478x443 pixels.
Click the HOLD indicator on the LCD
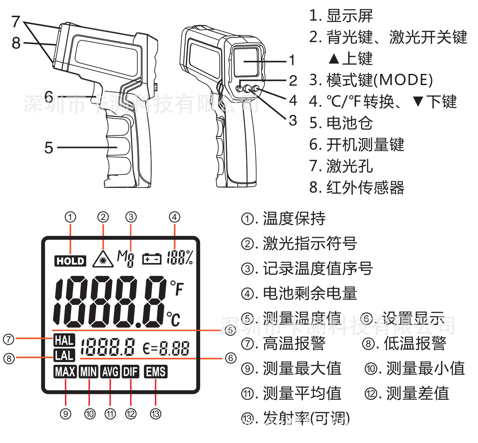tap(70, 261)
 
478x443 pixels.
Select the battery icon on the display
tap(152, 259)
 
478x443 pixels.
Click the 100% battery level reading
tap(180, 257)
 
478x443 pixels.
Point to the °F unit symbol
tap(177, 288)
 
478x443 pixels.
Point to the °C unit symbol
tap(174, 319)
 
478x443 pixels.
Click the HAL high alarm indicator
tap(64, 340)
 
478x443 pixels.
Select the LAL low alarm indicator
tap(64, 355)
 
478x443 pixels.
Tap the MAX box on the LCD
tap(65, 372)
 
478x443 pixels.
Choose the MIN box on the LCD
tap(89, 372)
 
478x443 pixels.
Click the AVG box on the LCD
tap(110, 372)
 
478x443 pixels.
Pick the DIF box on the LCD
tap(130, 372)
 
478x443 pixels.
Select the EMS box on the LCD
tap(156, 372)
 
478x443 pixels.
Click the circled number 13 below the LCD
tap(156, 414)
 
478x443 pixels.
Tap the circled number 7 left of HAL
tap(9, 339)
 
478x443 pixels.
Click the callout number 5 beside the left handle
tap(49, 148)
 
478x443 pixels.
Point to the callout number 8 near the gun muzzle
tap(16, 43)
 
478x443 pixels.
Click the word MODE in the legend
tap(403, 80)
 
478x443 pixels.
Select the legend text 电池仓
tap(350, 123)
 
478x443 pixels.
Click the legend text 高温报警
tap(294, 344)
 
